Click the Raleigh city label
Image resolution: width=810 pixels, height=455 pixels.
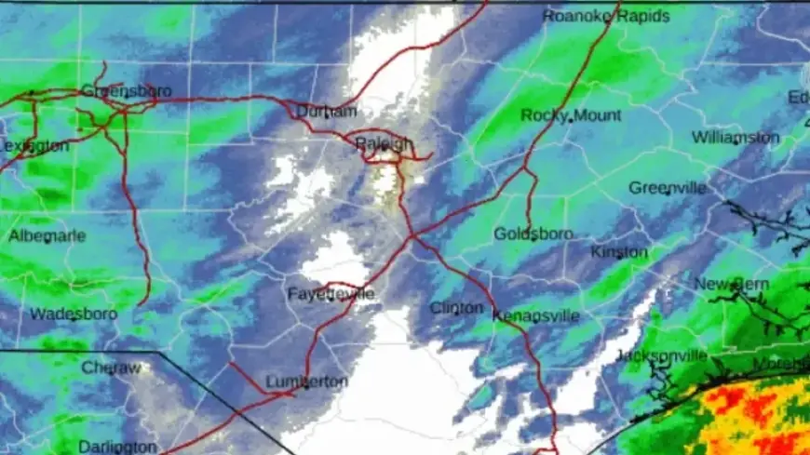point(385,142)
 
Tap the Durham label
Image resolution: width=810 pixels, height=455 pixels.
point(326,112)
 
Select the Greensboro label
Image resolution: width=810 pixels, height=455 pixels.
point(115,90)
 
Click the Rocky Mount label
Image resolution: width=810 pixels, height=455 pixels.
point(571,115)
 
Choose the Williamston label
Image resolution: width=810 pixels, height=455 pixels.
point(736,138)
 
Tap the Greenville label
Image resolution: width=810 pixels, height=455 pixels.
point(667,187)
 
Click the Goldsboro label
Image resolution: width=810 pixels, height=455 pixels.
point(533,234)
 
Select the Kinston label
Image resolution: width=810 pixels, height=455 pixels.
point(619,252)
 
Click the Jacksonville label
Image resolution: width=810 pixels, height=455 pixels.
point(661,356)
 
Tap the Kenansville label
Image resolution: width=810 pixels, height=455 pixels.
point(535,316)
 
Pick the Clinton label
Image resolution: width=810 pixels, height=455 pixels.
point(456,308)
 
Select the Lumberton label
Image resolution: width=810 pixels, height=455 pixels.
point(306,381)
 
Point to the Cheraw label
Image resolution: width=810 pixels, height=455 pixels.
point(111,368)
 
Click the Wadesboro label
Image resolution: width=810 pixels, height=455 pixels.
point(74,314)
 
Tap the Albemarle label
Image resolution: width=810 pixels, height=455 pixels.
point(47,236)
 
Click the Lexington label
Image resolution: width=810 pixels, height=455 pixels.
point(34,146)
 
